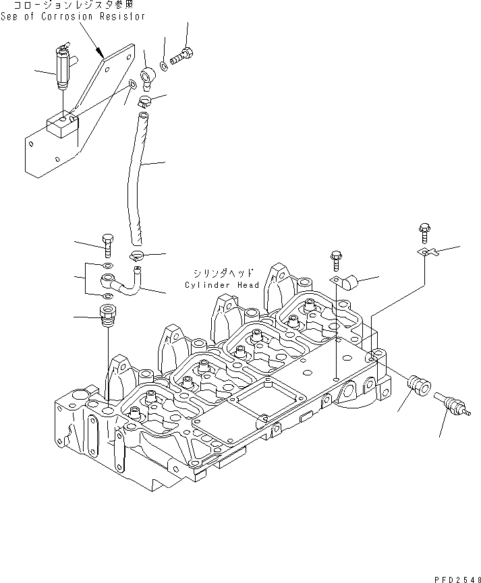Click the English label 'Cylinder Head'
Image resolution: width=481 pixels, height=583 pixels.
coord(222,285)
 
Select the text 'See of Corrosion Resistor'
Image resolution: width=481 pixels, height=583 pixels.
coord(74,16)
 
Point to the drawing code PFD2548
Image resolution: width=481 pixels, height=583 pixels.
coord(455,576)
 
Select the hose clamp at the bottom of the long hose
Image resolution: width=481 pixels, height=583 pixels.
coord(138,255)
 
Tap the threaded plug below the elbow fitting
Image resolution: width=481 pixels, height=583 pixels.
coord(107,315)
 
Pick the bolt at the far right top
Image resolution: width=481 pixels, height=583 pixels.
coord(424,231)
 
